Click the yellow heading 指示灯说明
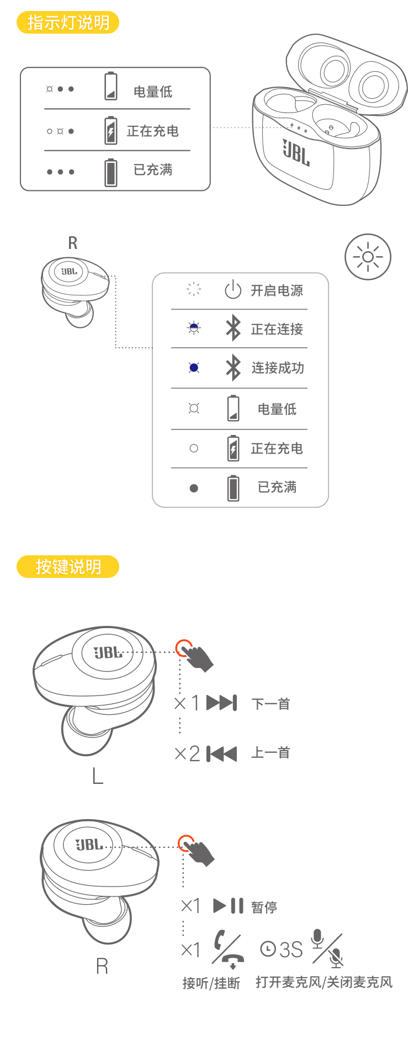coord(68,23)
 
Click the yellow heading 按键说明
coord(68,567)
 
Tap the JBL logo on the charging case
coord(296,152)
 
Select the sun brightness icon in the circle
coord(368,257)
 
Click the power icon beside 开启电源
coord(233,290)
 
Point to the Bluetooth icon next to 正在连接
coord(233,328)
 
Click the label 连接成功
coord(278,368)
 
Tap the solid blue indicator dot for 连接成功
coord(194,368)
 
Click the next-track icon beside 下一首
coord(221,703)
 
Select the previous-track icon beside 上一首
coord(221,753)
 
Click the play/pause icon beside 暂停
coord(229,906)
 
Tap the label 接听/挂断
coord(211,983)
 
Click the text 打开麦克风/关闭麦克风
coord(324,983)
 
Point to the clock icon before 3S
coord(268,949)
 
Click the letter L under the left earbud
coord(98,777)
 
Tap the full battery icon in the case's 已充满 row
coord(111,172)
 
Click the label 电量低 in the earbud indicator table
coord(277,409)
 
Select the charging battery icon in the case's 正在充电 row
coord(111,131)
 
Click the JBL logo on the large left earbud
coord(108,653)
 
